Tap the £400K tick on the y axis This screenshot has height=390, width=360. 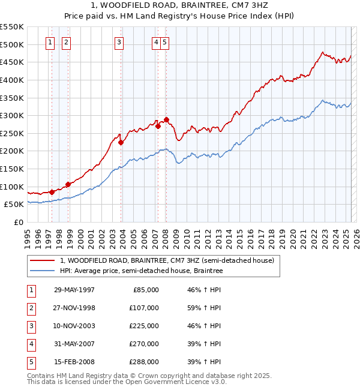[12, 80]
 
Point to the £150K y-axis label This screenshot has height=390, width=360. [12, 169]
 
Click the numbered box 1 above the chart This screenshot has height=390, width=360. [49, 42]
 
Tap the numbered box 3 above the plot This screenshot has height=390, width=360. [119, 42]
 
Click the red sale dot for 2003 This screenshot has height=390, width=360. [121, 142]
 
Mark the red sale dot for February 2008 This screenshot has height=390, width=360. [166, 119]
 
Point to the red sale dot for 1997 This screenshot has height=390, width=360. [52, 192]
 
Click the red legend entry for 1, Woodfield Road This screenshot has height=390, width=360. [167, 260]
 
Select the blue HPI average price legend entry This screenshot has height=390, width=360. [141, 271]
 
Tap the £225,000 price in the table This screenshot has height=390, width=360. [144, 326]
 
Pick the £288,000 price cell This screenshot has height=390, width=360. [144, 362]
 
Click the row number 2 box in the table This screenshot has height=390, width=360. [30, 308]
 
